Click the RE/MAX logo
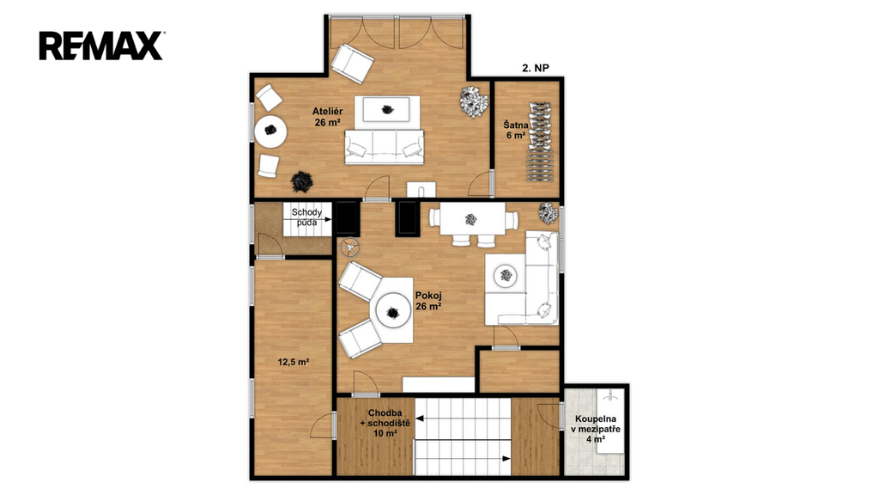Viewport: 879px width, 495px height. (x=101, y=46)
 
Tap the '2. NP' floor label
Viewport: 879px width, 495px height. (x=536, y=68)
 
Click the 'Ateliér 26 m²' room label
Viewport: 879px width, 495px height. (x=327, y=117)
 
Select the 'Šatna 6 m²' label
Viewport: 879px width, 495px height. (x=515, y=131)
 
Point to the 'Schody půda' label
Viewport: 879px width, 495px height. (x=306, y=217)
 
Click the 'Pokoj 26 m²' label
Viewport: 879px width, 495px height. (x=428, y=301)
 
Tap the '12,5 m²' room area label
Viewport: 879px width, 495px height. (x=294, y=362)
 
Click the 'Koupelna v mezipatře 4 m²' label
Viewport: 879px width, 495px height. (x=596, y=429)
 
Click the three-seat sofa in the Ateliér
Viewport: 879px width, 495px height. (x=384, y=147)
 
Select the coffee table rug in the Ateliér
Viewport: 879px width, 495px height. (x=386, y=109)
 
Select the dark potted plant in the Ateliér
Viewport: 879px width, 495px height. (x=302, y=181)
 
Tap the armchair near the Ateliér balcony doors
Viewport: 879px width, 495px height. (x=352, y=63)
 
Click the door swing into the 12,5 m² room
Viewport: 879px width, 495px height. (x=324, y=425)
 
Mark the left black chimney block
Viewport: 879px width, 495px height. (x=347, y=217)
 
